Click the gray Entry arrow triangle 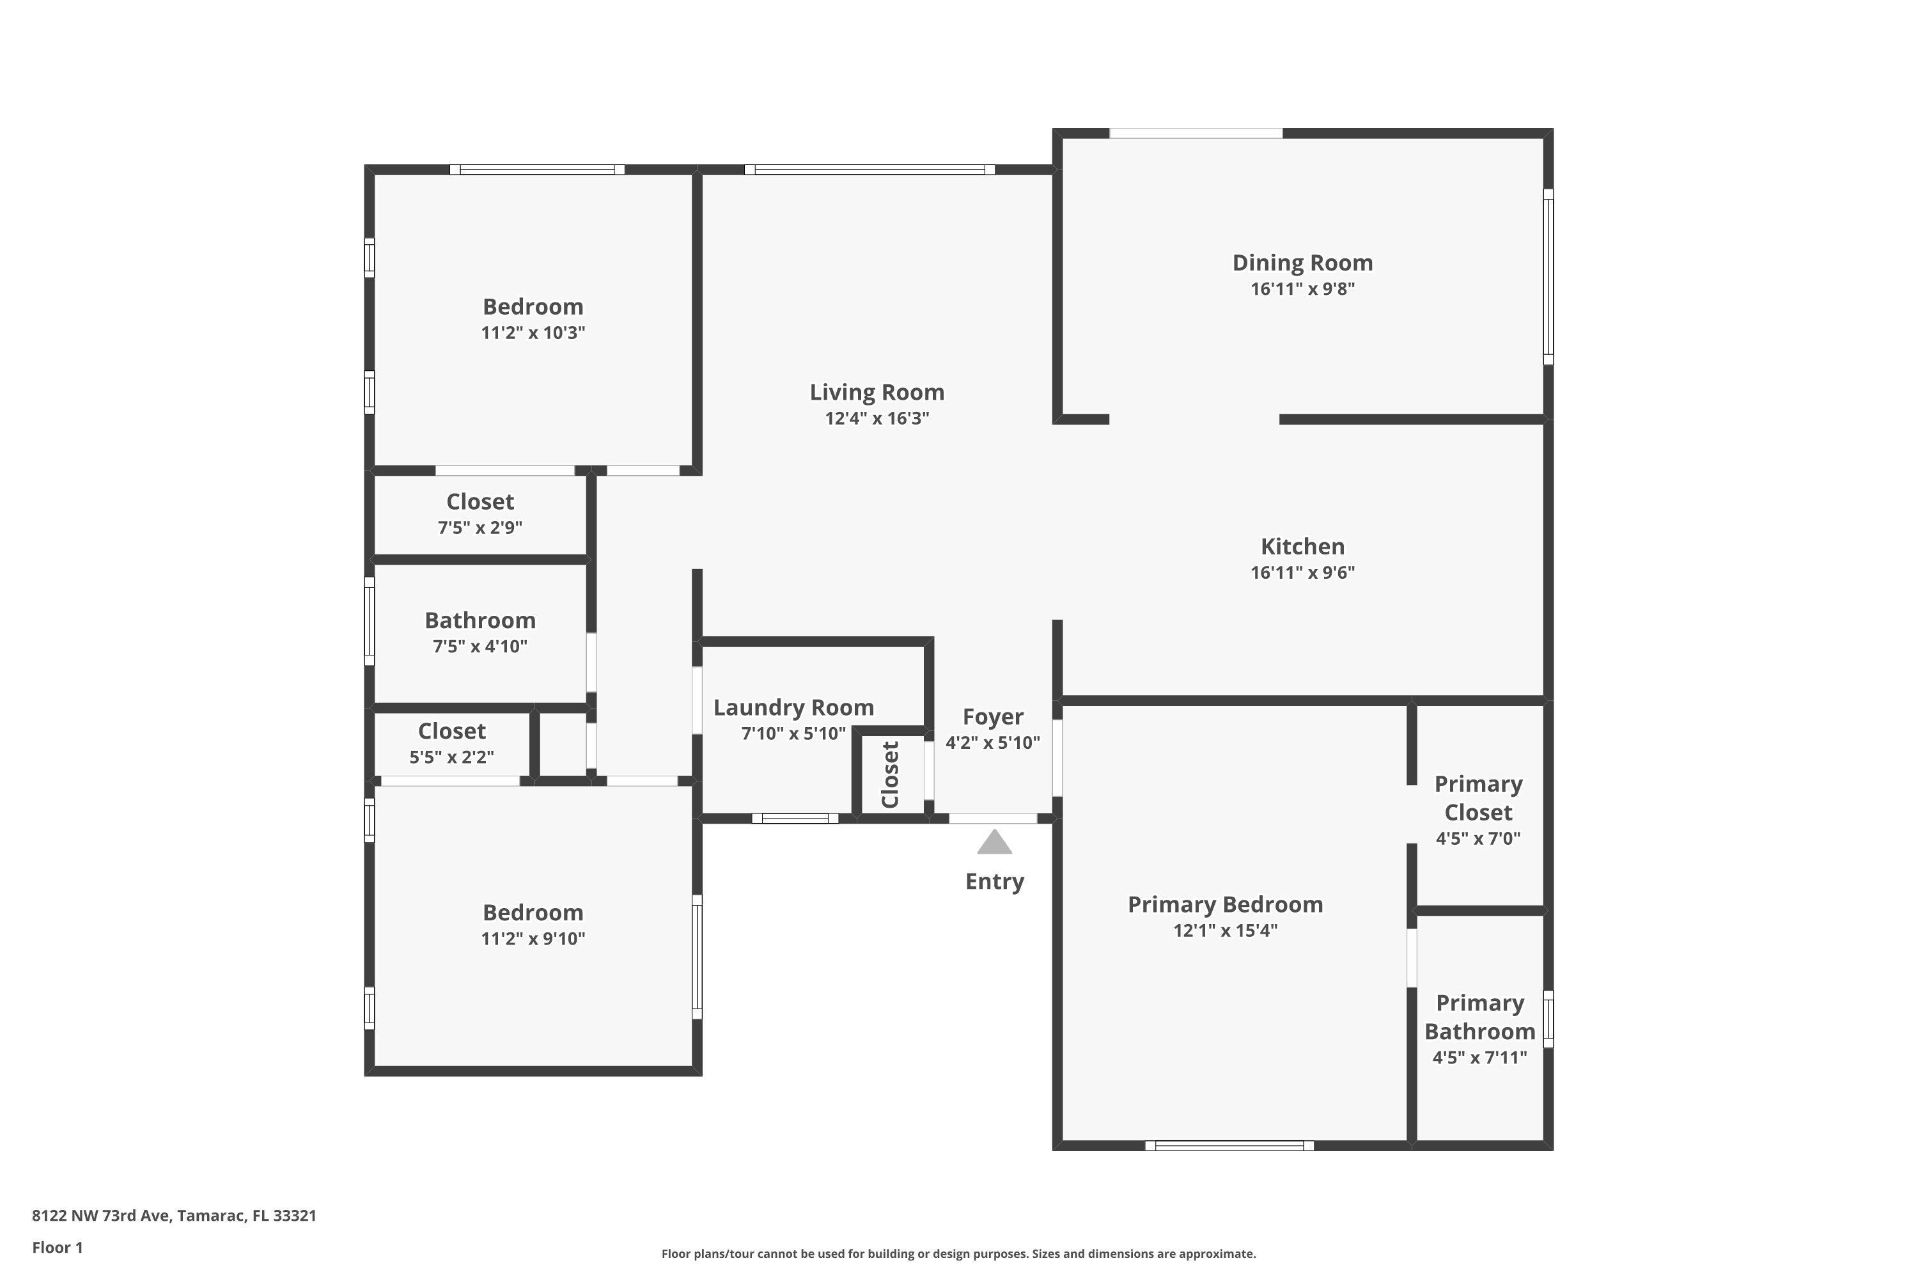(x=994, y=844)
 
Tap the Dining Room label (x=1302, y=263)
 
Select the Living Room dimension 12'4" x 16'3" (x=877, y=418)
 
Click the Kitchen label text (x=1302, y=547)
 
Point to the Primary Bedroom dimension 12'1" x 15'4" (x=1225, y=930)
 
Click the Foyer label (x=992, y=717)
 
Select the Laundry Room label (x=793, y=707)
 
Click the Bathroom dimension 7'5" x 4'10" (x=479, y=647)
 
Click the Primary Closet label (x=1477, y=797)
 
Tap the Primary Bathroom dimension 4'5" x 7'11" (x=1479, y=1058)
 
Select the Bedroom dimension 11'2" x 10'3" (x=533, y=333)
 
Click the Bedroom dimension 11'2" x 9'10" (x=533, y=939)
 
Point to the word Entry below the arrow (x=994, y=882)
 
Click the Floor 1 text (x=57, y=1247)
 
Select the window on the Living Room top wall (x=869, y=169)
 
